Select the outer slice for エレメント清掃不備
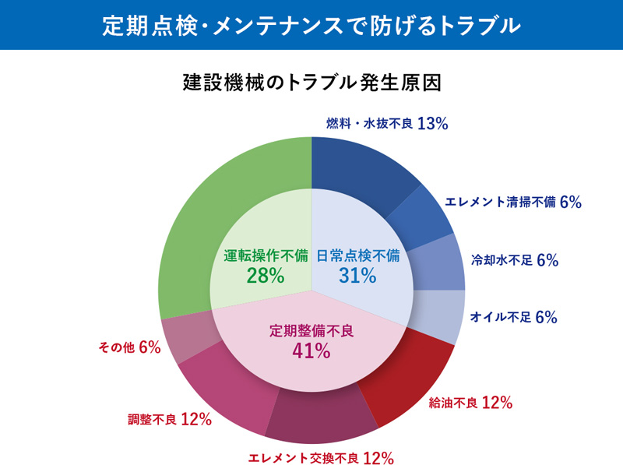coord(421,218)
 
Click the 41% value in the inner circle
coord(311,351)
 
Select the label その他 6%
coord(129,347)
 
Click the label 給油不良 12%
coord(470,403)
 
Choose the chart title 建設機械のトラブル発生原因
coord(311,81)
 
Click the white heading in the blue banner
coord(311,25)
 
